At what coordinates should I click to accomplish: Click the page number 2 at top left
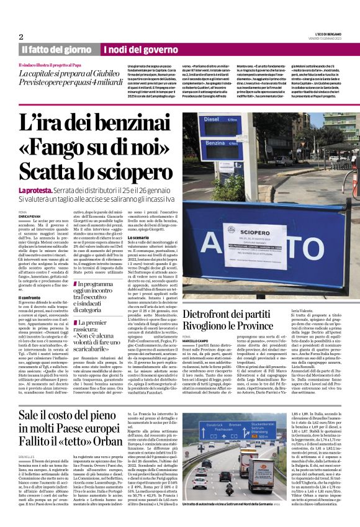[x=21, y=37]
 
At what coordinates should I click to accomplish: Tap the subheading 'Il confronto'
[x=30, y=297]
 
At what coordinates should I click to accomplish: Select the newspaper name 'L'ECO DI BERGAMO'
[x=321, y=34]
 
